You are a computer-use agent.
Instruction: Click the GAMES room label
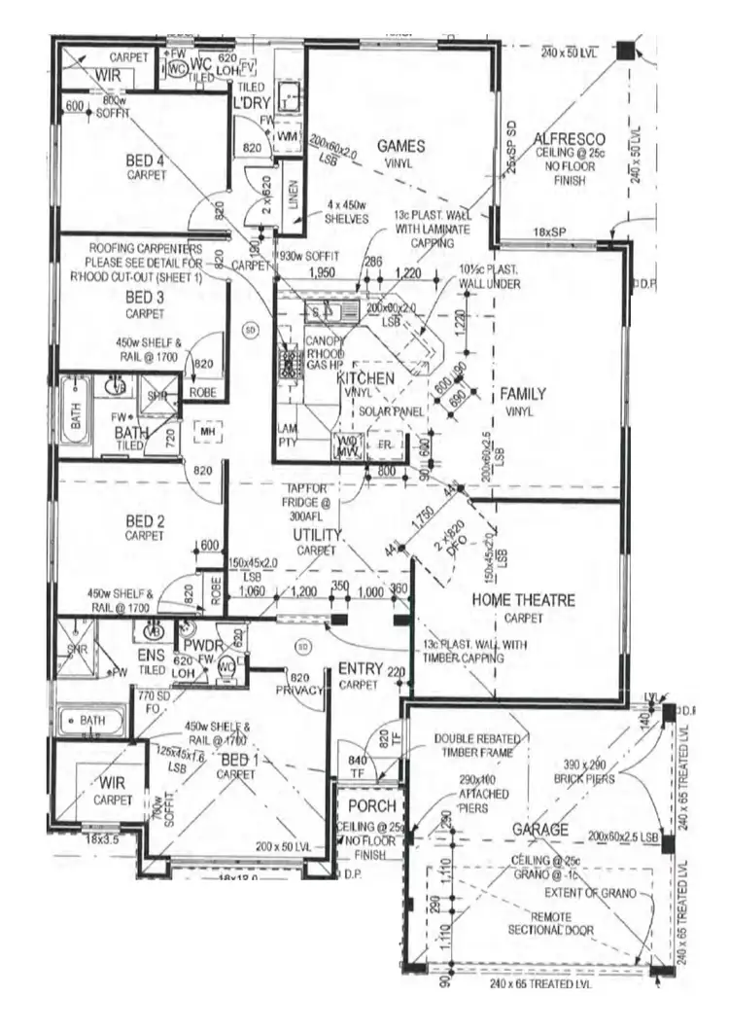click(x=400, y=146)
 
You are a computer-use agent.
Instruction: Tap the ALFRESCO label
click(x=570, y=140)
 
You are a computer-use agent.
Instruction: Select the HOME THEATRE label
click(x=523, y=600)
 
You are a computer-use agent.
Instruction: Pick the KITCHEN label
click(x=365, y=377)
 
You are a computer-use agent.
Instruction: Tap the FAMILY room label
click(x=523, y=394)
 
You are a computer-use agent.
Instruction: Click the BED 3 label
click(x=146, y=297)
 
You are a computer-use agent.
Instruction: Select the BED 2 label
click(x=145, y=520)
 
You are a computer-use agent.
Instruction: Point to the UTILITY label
click(x=318, y=535)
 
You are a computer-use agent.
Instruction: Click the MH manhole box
click(x=206, y=431)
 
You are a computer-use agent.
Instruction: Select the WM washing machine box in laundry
click(x=287, y=139)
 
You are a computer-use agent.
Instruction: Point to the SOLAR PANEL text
click(x=389, y=411)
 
